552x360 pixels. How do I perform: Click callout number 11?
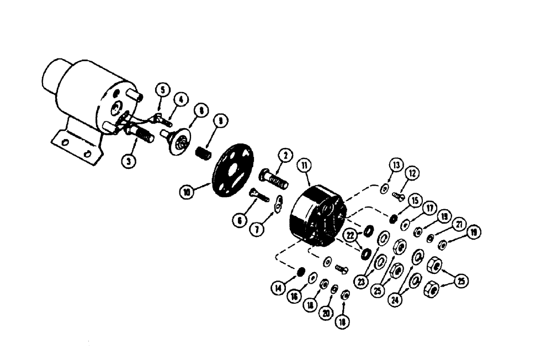click(x=304, y=165)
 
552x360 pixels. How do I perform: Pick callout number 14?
click(x=279, y=288)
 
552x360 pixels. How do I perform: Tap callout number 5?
click(x=161, y=89)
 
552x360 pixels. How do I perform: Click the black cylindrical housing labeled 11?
click(x=315, y=217)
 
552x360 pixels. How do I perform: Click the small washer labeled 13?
click(x=383, y=189)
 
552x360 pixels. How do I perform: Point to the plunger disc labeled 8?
click(x=180, y=143)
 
